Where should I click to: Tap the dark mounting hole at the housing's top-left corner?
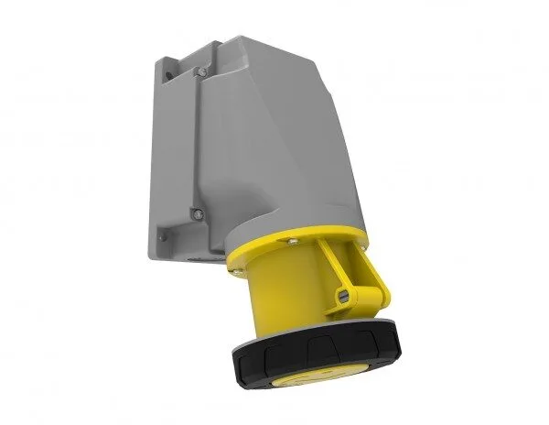coord(165,64)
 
